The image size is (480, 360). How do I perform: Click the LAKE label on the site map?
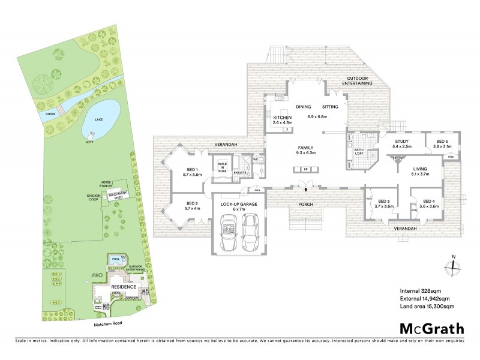click(x=98, y=119)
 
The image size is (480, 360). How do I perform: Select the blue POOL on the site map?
click(x=116, y=259)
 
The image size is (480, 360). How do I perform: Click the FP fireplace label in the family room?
click(x=305, y=169)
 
